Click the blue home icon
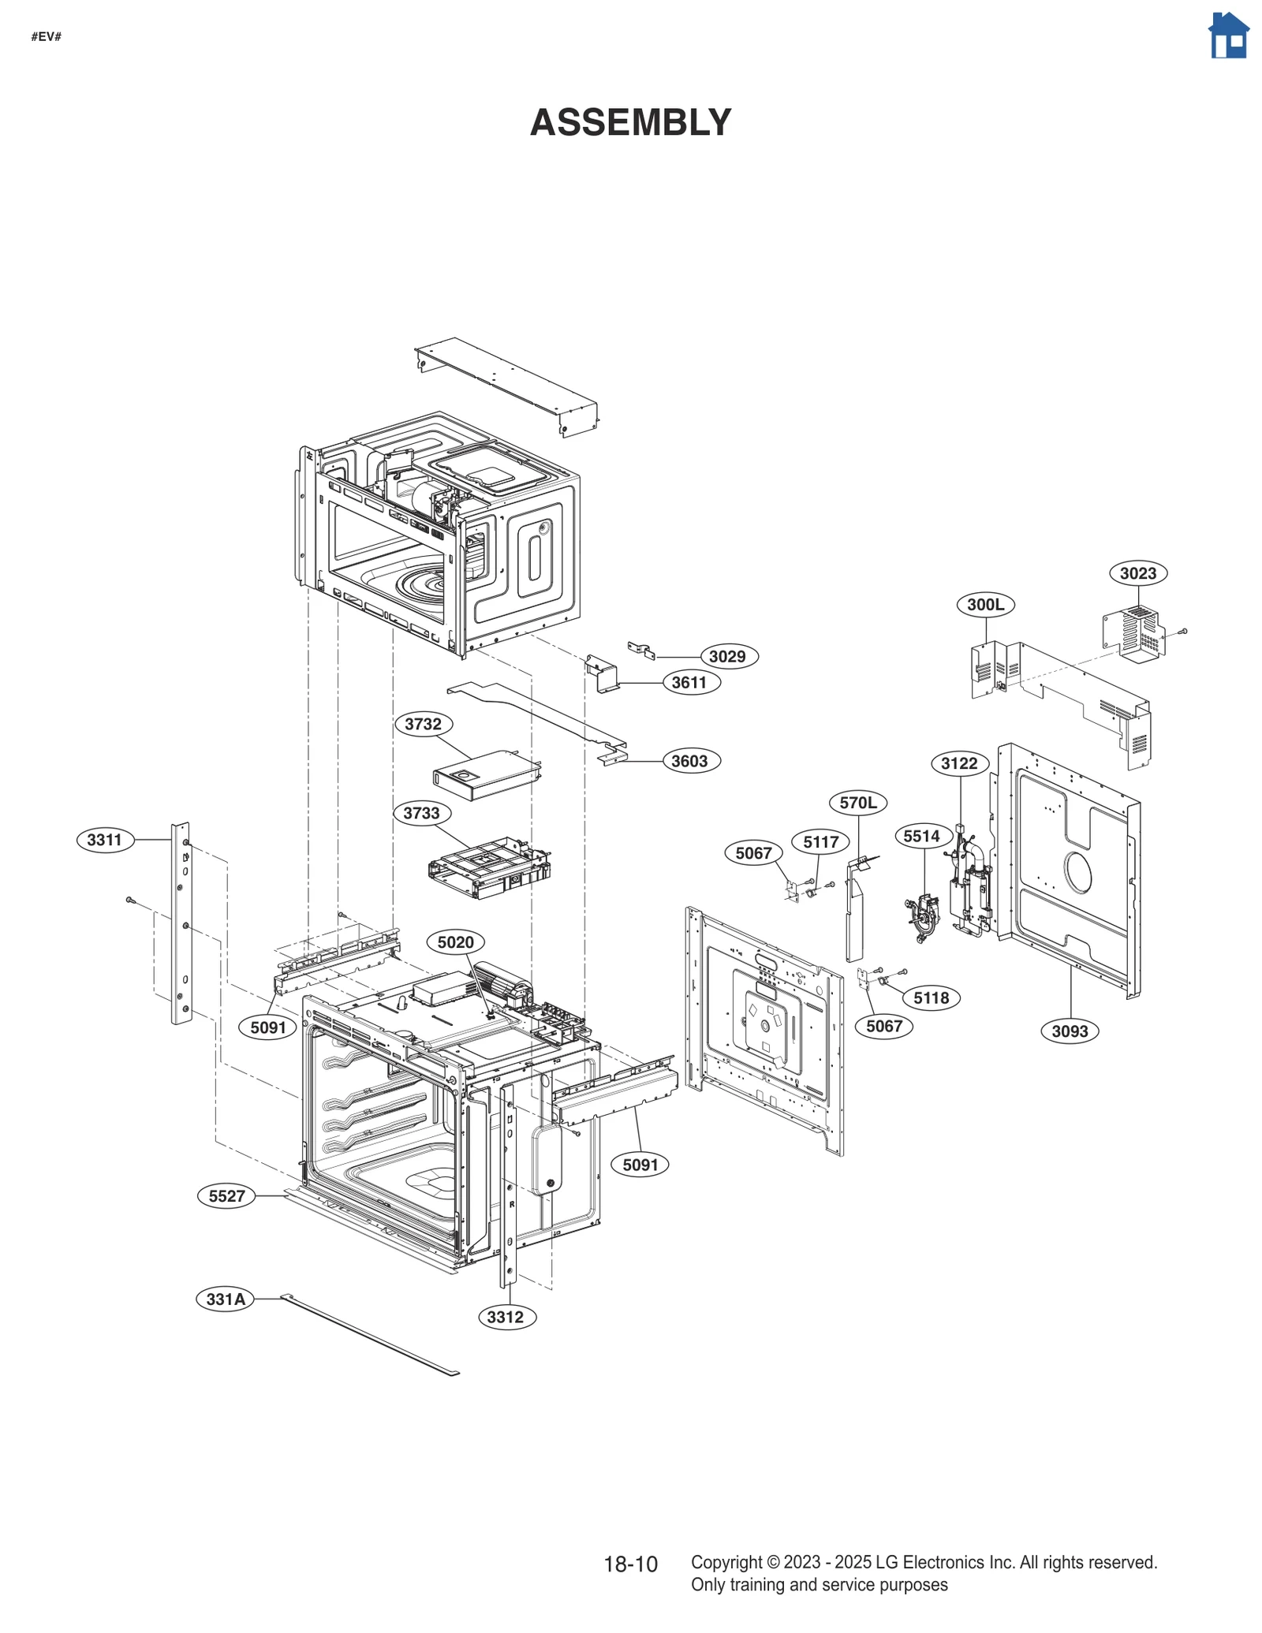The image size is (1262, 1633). pos(1228,36)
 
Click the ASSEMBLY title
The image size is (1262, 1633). pos(630,123)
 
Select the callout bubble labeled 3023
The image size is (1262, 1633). pos(1137,573)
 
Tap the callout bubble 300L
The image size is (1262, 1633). pos(985,605)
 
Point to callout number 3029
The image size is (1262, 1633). pos(728,656)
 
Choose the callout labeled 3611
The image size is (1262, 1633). pos(690,682)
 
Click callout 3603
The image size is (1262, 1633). pos(690,761)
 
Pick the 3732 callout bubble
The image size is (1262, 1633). pos(424,724)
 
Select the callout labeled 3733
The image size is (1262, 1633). pos(422,813)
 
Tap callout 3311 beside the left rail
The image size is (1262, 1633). pos(105,840)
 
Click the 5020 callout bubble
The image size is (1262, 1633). pos(455,942)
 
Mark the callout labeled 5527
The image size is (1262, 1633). pos(226,1196)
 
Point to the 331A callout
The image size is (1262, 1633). pos(226,1299)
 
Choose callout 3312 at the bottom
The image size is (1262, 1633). pos(506,1317)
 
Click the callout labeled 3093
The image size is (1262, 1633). pos(1070,1031)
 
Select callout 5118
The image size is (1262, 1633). pos(931,998)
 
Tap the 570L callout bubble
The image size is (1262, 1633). pos(858,803)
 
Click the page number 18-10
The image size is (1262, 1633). pos(630,1564)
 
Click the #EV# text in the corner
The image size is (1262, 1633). pos(47,37)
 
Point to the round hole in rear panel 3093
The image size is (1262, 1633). pos(1078,873)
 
